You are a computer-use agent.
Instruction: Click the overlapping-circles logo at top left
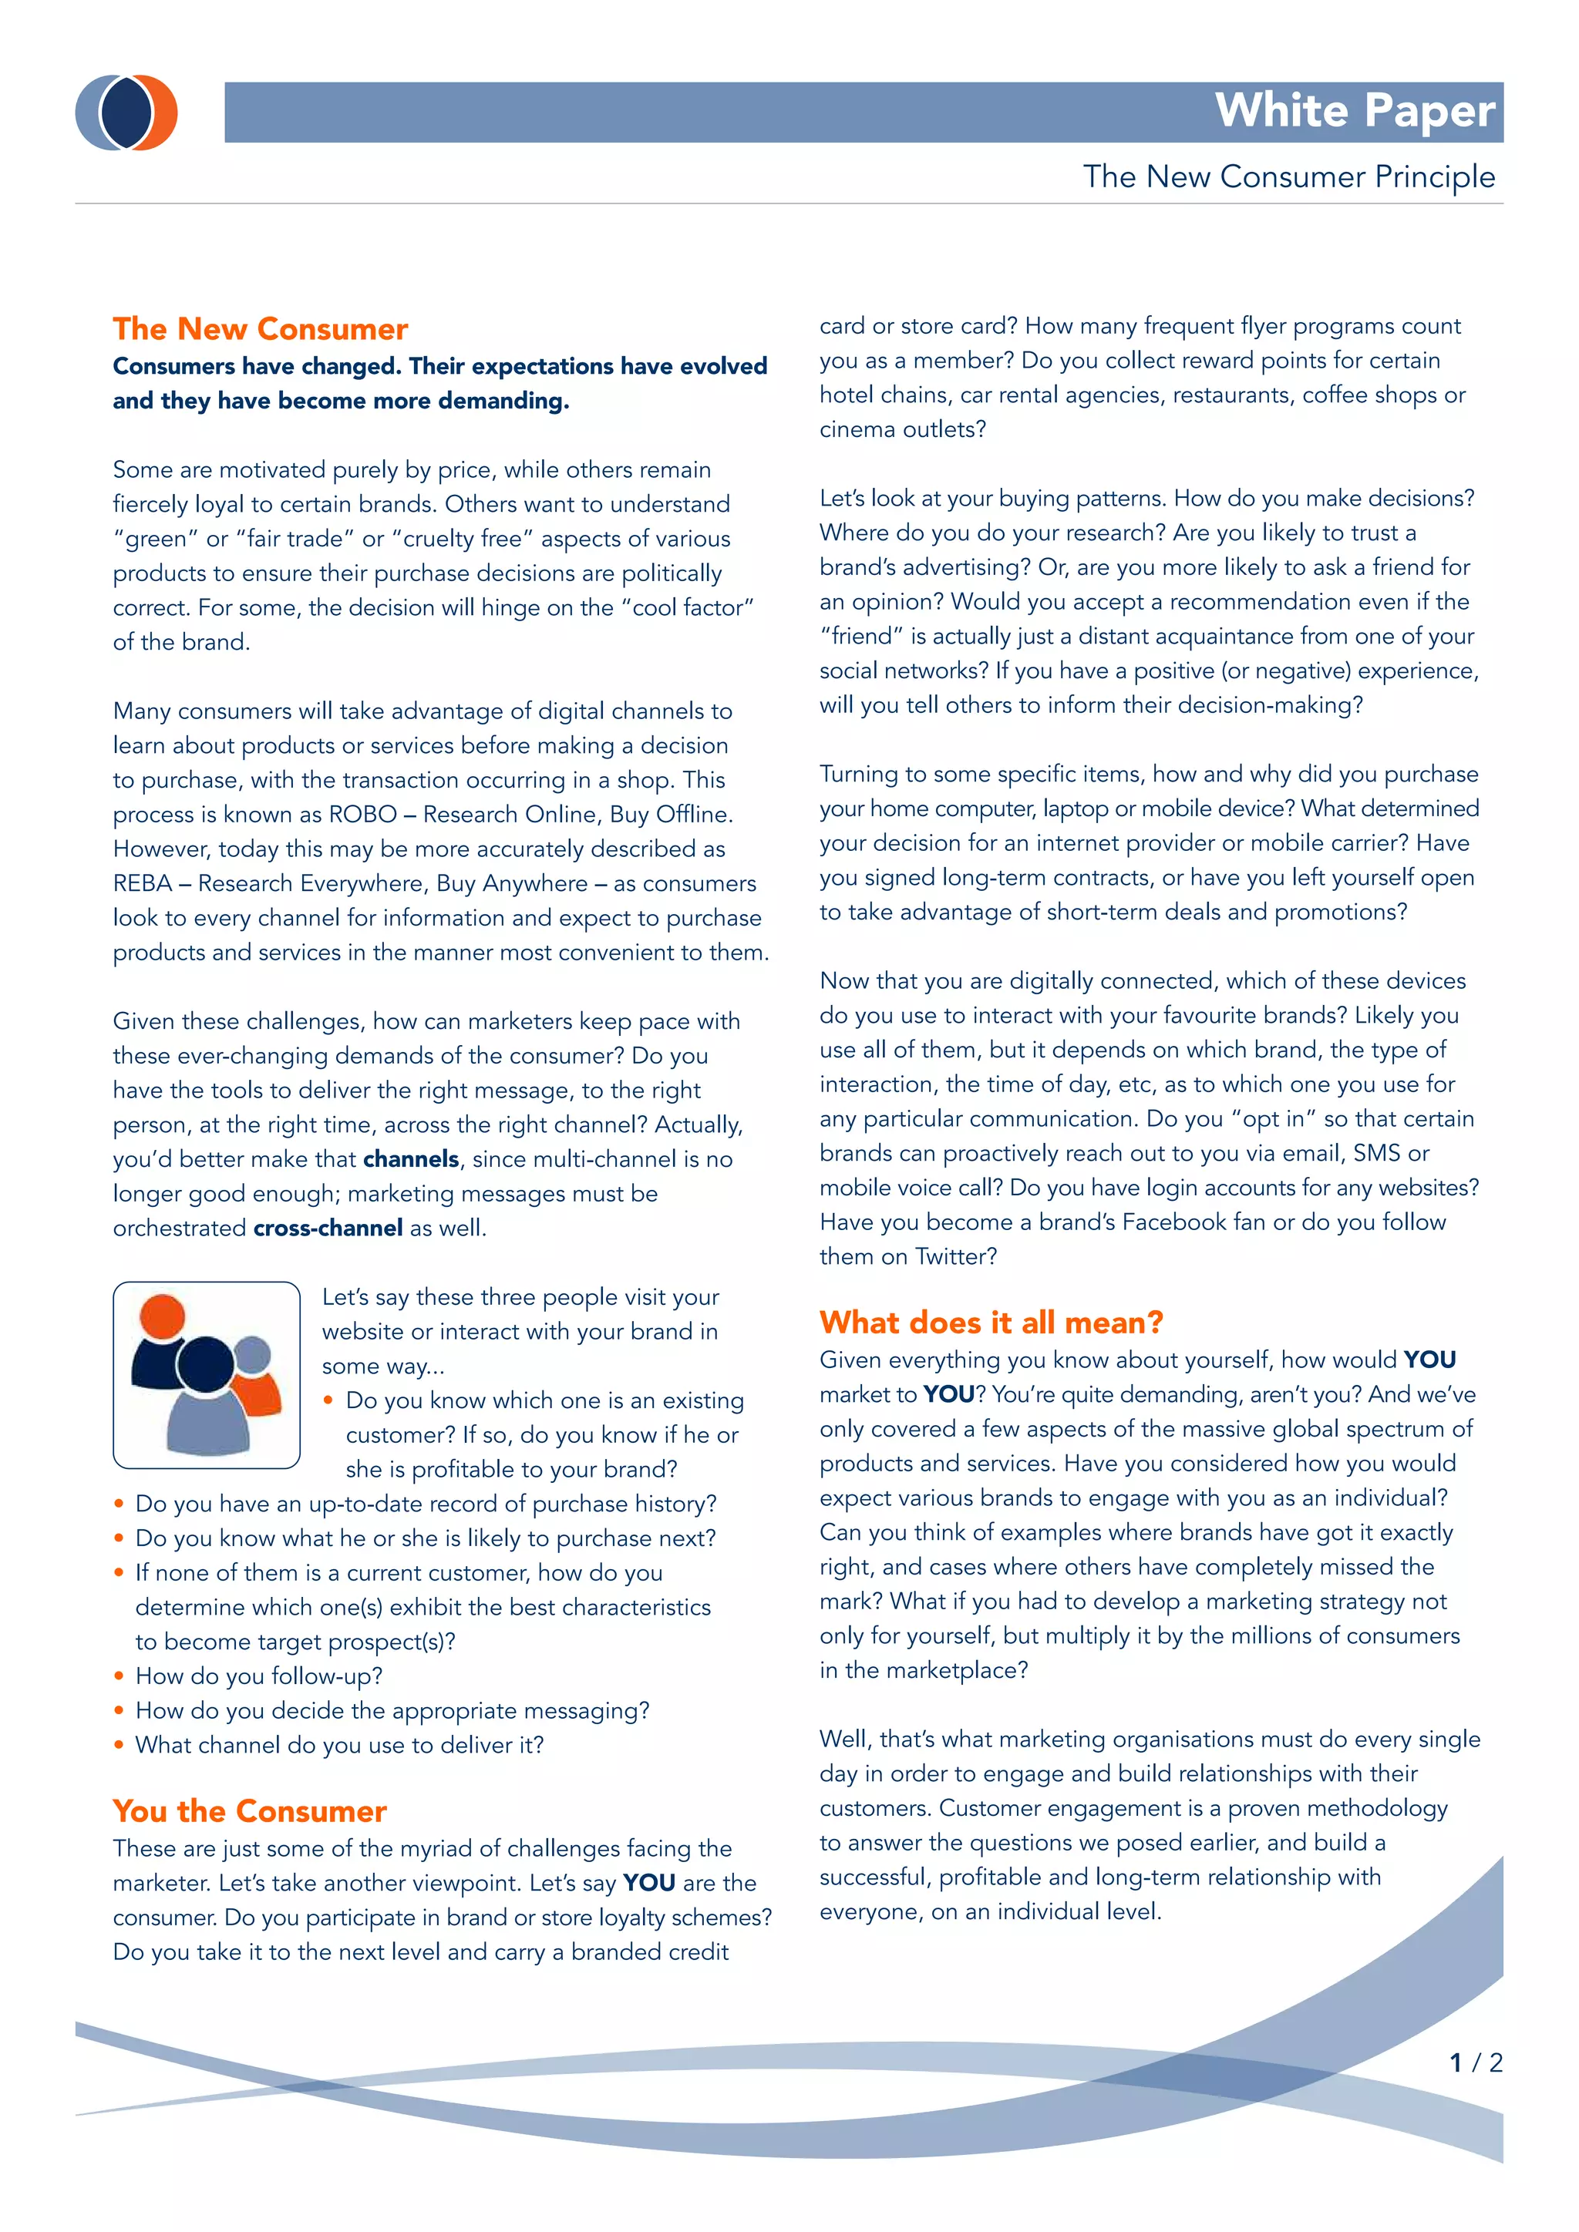tap(126, 113)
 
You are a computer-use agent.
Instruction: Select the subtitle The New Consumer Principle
tap(1288, 177)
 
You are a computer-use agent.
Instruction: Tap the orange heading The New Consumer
tap(260, 330)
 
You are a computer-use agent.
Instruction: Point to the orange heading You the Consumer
tap(249, 1811)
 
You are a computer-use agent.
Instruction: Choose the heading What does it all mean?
tap(991, 1323)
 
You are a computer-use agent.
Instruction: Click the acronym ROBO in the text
tap(362, 815)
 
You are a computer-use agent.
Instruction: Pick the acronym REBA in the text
tap(142, 884)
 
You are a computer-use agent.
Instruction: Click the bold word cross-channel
tap(328, 1229)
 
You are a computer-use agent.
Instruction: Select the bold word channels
tap(410, 1160)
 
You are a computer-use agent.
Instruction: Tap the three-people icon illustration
tap(206, 1375)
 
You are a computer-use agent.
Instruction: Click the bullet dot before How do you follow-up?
tap(119, 1677)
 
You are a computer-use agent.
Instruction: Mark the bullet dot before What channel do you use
tap(119, 1746)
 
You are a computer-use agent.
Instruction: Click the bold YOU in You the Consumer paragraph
tap(648, 1884)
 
